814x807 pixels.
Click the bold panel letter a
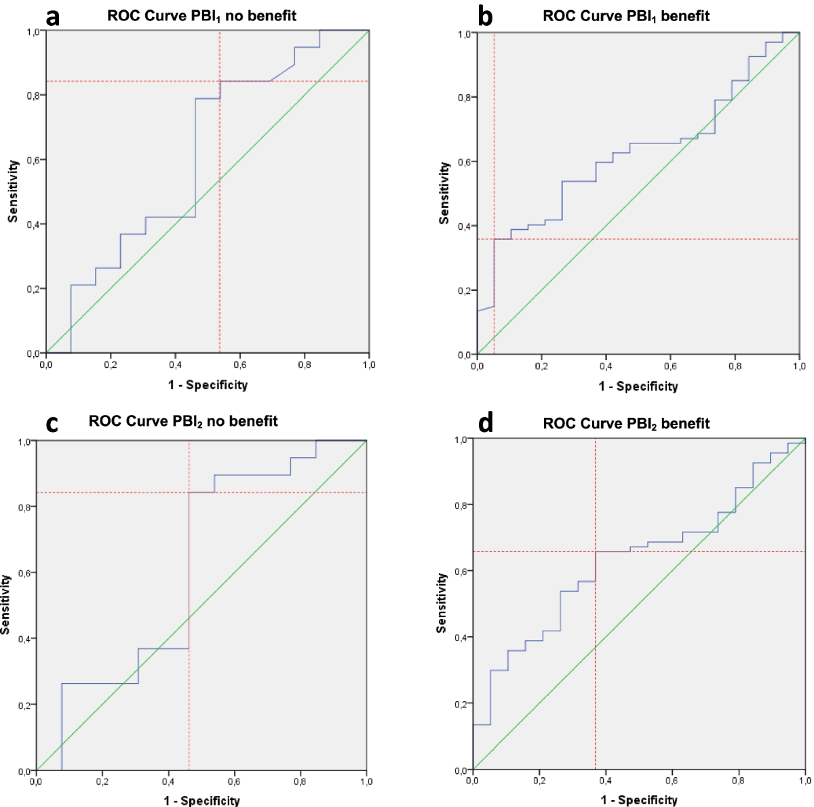tap(52, 16)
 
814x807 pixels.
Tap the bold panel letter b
tap(485, 16)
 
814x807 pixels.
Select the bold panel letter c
tap(52, 422)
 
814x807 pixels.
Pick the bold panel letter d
tap(486, 423)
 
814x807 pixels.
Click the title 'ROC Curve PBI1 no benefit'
tap(201, 16)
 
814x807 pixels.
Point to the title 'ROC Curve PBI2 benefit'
tap(626, 424)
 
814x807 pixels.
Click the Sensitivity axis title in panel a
tap(13, 191)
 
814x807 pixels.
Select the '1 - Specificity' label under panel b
tap(638, 387)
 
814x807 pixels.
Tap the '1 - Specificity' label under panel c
tap(201, 801)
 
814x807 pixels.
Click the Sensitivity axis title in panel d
tap(442, 603)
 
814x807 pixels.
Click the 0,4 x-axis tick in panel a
tap(175, 365)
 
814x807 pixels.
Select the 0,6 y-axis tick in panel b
tap(465, 162)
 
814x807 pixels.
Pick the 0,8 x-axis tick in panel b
tap(735, 366)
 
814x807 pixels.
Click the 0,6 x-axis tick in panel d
tap(672, 781)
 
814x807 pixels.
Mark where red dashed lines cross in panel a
tap(220, 81)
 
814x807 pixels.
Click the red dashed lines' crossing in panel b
tap(495, 239)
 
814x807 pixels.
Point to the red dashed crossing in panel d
tap(595, 551)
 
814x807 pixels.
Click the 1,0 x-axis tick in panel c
tap(366, 781)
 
